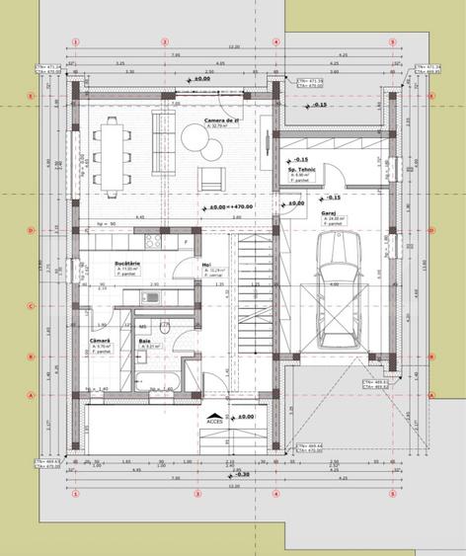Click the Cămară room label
(x=101, y=341)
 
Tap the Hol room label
(x=206, y=264)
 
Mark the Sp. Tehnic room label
(x=300, y=170)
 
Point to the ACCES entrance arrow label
(x=214, y=421)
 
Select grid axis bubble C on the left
(x=32, y=305)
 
